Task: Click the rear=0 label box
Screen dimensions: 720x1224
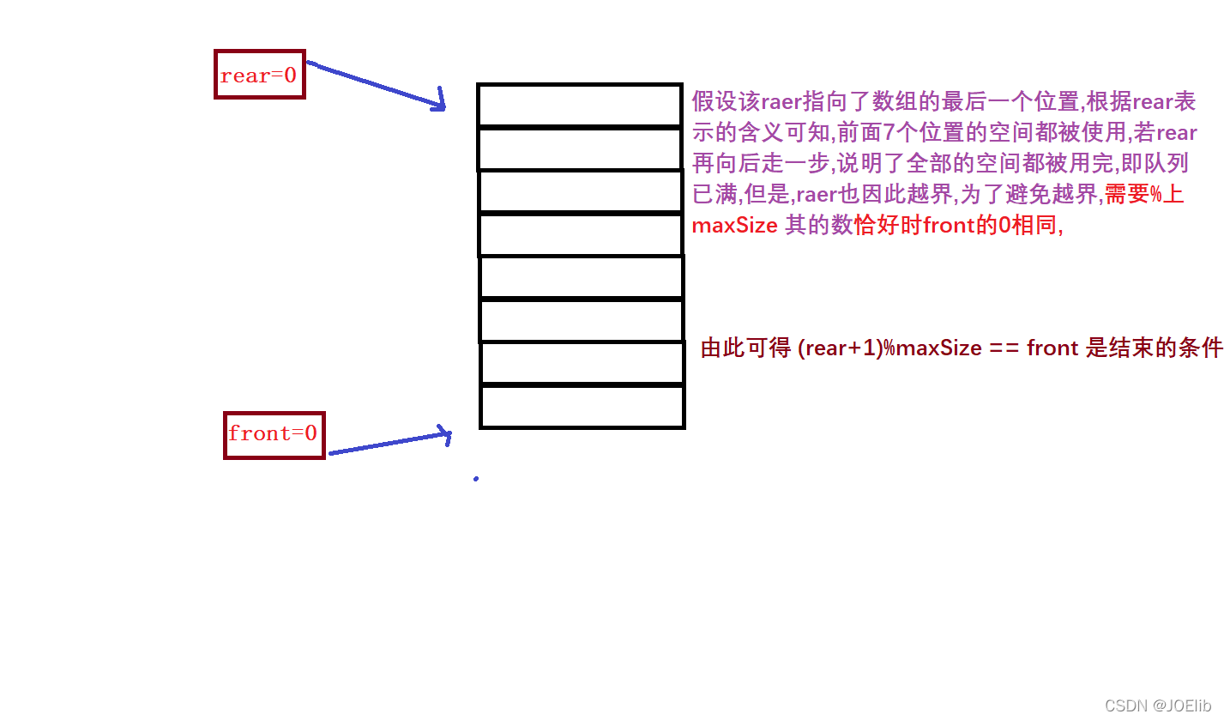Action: click(259, 75)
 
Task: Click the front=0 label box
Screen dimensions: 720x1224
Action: click(274, 434)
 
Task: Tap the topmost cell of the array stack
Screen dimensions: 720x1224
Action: click(579, 105)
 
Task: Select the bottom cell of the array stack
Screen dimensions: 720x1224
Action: click(582, 407)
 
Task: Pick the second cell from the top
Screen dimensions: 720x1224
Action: click(579, 148)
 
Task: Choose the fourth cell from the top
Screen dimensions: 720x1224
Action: click(580, 234)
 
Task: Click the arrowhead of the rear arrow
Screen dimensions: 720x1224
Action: click(440, 101)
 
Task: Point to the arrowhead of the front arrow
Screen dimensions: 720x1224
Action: click(445, 433)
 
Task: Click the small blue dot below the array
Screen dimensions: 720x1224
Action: click(476, 479)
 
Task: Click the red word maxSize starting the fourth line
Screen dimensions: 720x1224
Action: click(734, 226)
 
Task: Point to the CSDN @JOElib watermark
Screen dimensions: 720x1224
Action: click(1157, 705)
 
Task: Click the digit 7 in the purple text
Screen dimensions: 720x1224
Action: click(889, 133)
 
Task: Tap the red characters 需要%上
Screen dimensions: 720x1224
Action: click(1143, 195)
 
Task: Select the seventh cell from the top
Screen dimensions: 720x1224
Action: click(582, 363)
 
